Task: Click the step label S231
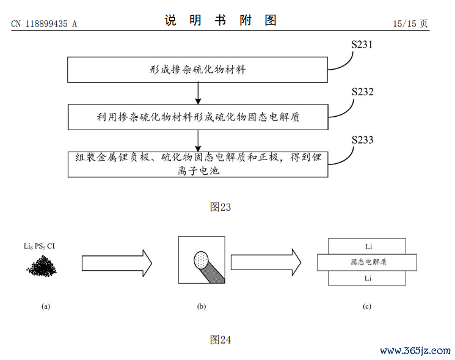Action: point(362,45)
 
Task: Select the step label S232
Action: point(362,92)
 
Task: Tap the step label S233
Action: point(362,140)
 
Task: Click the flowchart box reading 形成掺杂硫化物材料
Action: point(198,70)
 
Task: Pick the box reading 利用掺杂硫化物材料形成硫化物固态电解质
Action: point(198,117)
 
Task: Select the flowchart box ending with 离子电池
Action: point(198,164)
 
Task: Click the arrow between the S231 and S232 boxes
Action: point(198,94)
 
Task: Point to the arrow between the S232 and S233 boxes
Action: point(198,141)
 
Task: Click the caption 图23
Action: point(220,207)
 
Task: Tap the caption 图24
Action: point(220,339)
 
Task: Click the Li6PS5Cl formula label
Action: point(39,246)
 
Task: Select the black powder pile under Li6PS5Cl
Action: point(42,266)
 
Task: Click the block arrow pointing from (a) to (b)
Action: point(117,263)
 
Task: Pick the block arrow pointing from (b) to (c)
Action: point(266,262)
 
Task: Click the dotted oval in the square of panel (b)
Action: point(201,260)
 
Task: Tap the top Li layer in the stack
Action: point(367,246)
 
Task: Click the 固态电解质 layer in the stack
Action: point(367,262)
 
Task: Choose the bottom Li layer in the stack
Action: point(367,278)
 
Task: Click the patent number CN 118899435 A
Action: point(44,24)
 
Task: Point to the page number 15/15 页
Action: point(410,23)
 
